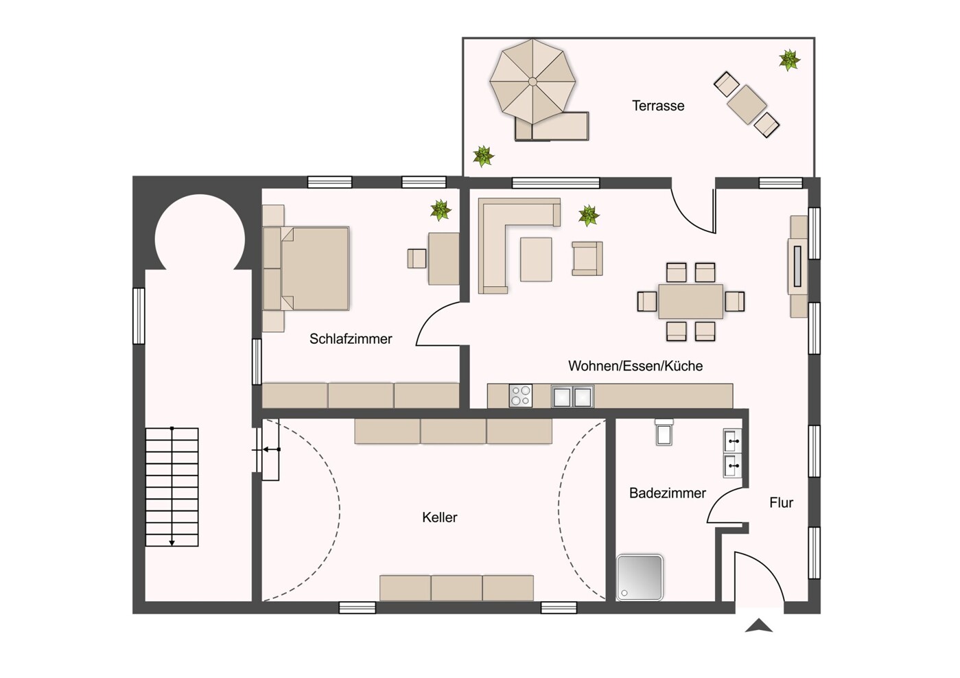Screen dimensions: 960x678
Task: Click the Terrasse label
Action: (x=658, y=106)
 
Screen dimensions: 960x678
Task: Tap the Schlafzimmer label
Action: (x=351, y=339)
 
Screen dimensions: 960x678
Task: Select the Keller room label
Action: (x=439, y=517)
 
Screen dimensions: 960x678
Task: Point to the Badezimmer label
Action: (x=667, y=493)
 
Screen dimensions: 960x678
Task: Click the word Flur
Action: (x=782, y=502)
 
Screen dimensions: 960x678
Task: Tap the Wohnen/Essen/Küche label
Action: (x=635, y=366)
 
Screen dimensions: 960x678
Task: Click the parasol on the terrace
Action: (x=532, y=82)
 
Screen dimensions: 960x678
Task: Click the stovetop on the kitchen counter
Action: (x=520, y=395)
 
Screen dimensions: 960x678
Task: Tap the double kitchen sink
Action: (x=572, y=397)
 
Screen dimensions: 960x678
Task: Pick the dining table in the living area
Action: (x=690, y=301)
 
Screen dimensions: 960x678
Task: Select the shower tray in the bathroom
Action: (x=640, y=577)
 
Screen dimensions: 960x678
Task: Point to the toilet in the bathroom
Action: (x=664, y=432)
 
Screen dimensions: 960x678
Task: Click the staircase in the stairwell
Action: (x=172, y=487)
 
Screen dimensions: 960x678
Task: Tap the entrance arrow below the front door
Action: (x=758, y=625)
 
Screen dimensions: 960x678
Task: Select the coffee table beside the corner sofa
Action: (x=536, y=259)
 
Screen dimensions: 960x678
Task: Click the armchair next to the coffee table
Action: (x=587, y=259)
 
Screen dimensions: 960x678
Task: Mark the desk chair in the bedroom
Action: (x=417, y=259)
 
